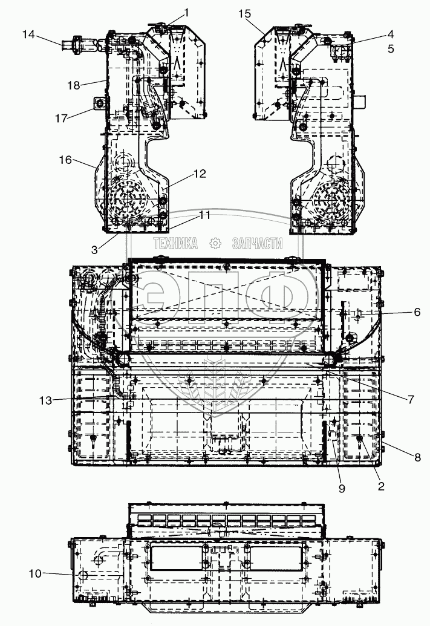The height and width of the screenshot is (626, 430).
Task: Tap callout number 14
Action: coord(28,35)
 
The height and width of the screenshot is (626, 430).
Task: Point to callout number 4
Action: coord(391,35)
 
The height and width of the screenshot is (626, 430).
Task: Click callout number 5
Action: coord(391,48)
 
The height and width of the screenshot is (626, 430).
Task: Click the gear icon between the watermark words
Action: coord(214,244)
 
